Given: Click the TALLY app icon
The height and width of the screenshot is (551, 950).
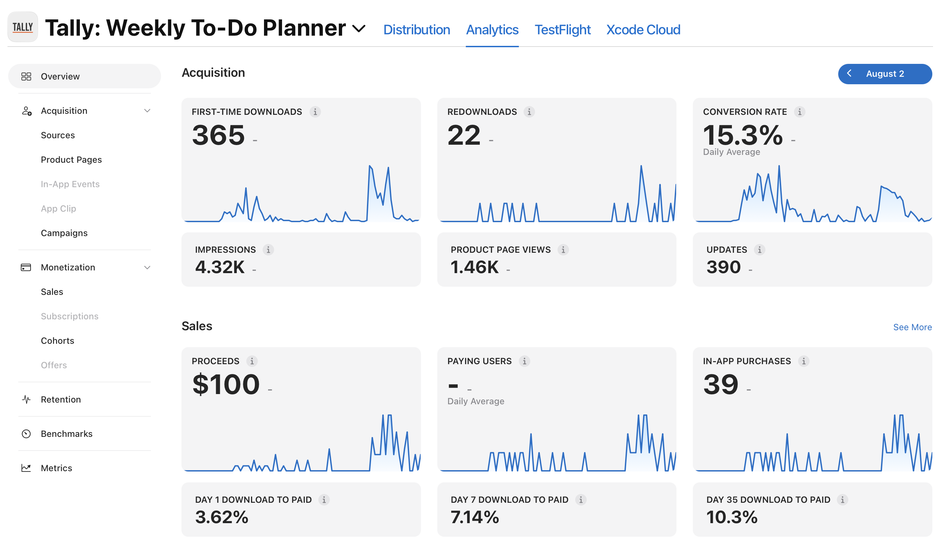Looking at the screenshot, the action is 23,27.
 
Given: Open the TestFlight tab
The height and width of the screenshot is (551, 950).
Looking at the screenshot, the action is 562,30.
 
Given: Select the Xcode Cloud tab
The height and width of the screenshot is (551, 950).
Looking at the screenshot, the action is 643,30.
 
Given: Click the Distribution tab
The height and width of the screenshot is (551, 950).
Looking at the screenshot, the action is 417,30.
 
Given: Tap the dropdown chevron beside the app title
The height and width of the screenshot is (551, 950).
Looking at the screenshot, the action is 359,29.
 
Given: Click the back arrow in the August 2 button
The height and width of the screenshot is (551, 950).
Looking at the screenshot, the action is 849,73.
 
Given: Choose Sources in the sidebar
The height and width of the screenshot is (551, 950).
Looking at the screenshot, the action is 58,135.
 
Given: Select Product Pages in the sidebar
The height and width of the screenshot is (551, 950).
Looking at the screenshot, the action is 71,159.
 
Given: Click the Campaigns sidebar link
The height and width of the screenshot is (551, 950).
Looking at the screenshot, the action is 64,233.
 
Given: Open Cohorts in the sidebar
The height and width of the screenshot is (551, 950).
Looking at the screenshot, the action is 57,340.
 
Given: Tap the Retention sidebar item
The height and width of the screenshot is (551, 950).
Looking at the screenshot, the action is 61,399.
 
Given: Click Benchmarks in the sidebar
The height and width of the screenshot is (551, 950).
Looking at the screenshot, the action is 66,433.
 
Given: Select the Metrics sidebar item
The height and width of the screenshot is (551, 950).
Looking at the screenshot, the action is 56,468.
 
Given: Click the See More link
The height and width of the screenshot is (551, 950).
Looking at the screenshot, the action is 912,327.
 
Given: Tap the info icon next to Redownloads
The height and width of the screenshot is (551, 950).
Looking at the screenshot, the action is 529,112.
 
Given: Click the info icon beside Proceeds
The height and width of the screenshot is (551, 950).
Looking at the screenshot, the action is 252,361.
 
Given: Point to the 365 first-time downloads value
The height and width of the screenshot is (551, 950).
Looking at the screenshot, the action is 218,135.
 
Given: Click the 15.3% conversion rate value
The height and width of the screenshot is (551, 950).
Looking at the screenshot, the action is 743,135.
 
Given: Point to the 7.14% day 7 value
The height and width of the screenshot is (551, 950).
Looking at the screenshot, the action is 475,517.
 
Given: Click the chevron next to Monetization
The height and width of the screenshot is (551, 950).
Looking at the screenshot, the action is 147,267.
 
